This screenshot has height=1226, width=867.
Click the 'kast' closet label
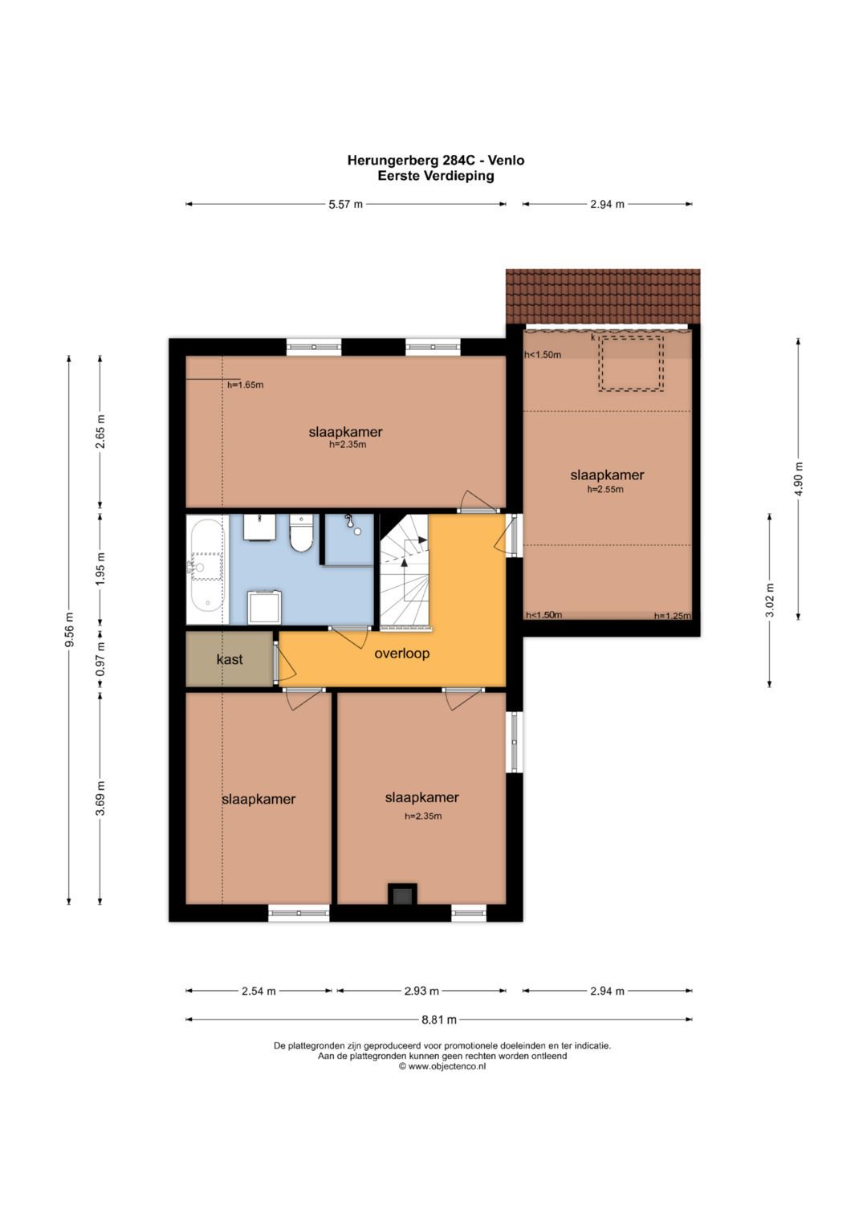pos(230,659)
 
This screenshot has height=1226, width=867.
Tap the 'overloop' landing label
pos(401,654)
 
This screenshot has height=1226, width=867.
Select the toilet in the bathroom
pos(300,532)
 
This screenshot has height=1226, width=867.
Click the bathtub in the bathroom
pos(206,569)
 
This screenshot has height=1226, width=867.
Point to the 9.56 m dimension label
pos(69,629)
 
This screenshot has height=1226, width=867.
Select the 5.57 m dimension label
pos(345,204)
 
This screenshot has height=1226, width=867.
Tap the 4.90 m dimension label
pos(799,479)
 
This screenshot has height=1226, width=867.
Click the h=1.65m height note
pos(245,385)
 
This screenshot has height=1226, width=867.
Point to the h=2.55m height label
pos(604,489)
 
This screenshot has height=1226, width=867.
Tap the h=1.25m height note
pos(673,616)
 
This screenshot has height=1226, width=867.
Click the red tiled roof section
pos(603,296)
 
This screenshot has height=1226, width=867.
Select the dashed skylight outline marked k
pos(630,363)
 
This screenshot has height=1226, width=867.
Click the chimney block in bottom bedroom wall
pos(402,894)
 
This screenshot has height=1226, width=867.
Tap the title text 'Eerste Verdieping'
pos(436,176)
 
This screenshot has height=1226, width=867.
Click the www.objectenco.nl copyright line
pos(442,1066)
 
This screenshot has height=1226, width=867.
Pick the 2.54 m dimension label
pos(258,991)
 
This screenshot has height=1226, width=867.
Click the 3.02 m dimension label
pos(770,600)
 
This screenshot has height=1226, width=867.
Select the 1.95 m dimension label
pos(100,568)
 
